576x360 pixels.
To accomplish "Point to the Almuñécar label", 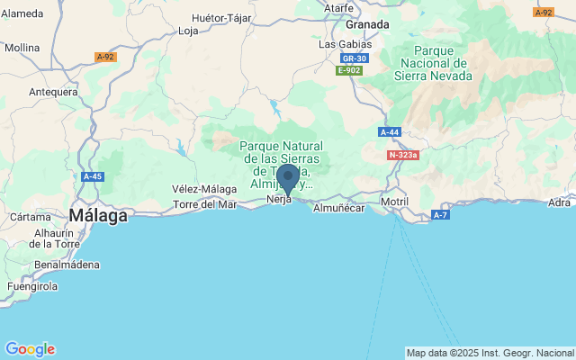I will pos(337,208).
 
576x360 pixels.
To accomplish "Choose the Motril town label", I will pos(395,201).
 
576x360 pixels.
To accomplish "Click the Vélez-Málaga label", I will pos(204,189).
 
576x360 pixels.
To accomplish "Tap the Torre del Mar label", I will pos(205,204).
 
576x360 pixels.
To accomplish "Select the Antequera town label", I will pos(53,92).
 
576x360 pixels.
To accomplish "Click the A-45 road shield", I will pos(92,176).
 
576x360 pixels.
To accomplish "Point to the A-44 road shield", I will pos(390,132).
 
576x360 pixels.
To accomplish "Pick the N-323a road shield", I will pos(404,155).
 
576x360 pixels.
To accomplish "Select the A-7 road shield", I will pos(440,215).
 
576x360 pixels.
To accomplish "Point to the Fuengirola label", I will pos(33,286).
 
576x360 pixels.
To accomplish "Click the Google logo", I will pos(30,349).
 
